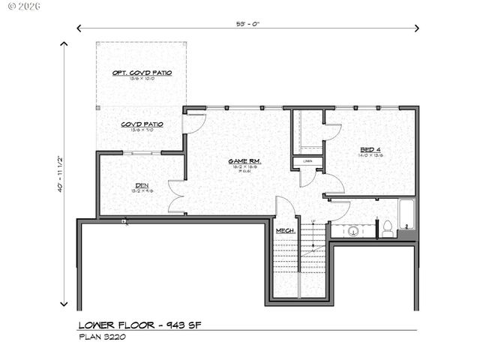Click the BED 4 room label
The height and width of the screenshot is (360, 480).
point(370,150)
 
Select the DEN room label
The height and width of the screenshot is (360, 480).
point(141,185)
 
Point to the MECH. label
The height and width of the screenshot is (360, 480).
point(285,230)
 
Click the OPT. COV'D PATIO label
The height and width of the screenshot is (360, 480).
point(142,73)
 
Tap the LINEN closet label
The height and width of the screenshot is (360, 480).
point(307,161)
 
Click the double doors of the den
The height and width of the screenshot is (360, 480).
point(176,195)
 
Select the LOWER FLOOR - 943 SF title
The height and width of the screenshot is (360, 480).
point(140,325)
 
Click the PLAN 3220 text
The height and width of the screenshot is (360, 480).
point(103,337)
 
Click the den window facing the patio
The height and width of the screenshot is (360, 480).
point(142,154)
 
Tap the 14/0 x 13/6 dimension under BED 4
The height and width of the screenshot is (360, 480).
point(370,157)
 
